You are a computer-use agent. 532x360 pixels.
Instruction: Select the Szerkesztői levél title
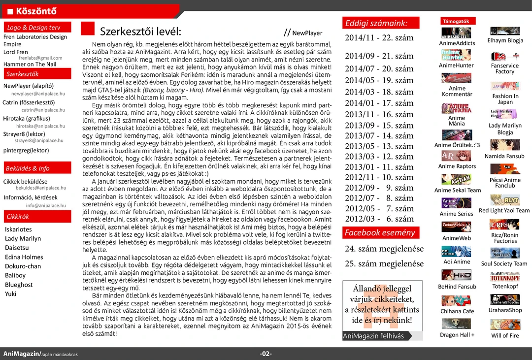(141, 32)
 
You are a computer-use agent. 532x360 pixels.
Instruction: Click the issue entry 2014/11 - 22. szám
(379, 37)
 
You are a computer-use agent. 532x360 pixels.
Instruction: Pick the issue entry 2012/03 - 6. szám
(379, 219)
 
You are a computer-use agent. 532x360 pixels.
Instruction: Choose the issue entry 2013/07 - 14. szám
(379, 135)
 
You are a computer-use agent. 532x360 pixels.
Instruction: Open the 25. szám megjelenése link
(384, 263)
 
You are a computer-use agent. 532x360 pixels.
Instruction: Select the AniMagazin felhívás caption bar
(374, 336)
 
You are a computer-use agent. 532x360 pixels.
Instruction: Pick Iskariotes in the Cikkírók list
(18, 229)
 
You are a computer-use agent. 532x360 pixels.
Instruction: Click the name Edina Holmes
(24, 257)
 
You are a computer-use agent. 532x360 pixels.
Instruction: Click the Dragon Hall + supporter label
(457, 335)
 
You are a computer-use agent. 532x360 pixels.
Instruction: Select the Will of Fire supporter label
(505, 336)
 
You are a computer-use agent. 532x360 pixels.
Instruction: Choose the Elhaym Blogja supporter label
(505, 40)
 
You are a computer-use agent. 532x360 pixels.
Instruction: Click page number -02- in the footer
(266, 354)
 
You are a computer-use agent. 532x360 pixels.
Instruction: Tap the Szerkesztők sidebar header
(23, 74)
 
